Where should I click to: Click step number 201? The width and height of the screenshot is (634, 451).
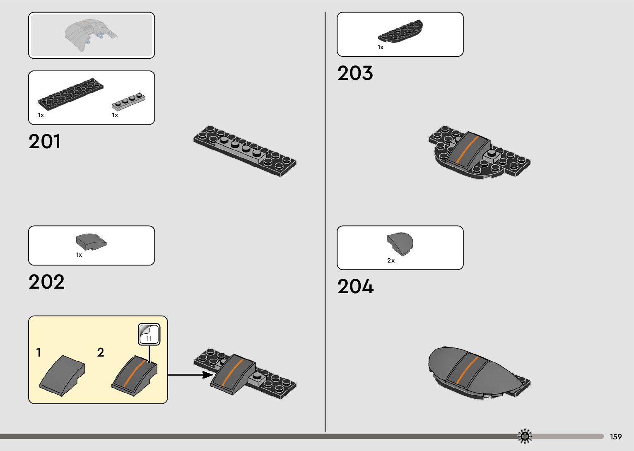[x=45, y=141]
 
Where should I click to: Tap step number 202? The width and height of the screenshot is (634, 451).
[x=46, y=282]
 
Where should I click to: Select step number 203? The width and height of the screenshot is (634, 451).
[x=355, y=73]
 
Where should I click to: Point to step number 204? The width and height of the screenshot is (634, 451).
[x=355, y=287]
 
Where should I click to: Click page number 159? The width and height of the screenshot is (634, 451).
[x=616, y=437]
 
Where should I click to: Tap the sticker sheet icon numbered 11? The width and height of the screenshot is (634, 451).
[x=149, y=334]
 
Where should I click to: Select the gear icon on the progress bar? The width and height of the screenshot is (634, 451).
[x=525, y=436]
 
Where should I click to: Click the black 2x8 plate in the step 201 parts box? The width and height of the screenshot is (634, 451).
[x=70, y=94]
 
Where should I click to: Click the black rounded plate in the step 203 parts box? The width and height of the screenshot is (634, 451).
[x=400, y=31]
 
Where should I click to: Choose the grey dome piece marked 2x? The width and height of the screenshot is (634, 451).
[x=400, y=244]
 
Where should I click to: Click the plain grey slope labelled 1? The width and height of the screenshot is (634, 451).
[x=63, y=375]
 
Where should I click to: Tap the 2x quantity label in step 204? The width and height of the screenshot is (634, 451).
[x=391, y=260]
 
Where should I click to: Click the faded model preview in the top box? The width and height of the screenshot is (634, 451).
[x=91, y=35]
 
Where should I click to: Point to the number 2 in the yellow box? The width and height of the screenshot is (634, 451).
[x=101, y=352]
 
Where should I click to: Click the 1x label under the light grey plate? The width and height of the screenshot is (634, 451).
[x=115, y=115]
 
